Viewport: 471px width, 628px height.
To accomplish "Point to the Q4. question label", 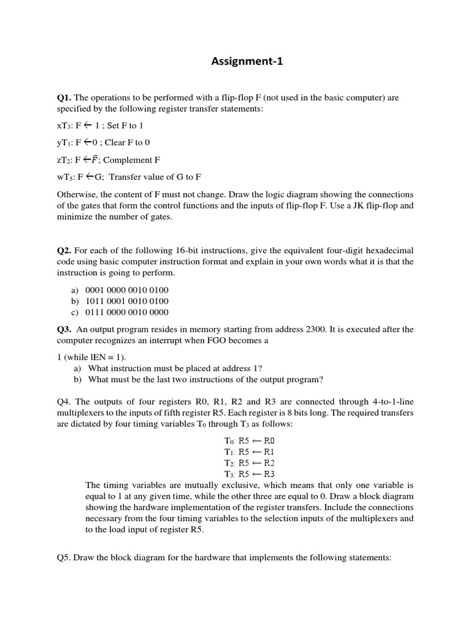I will tap(64, 402).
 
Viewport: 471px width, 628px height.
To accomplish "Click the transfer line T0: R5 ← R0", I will tap(250, 440).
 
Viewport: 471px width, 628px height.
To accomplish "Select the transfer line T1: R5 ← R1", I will tap(250, 451).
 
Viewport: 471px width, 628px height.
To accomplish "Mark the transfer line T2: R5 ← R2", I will tap(250, 462).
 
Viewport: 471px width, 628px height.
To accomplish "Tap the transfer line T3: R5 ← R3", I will tap(250, 474).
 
